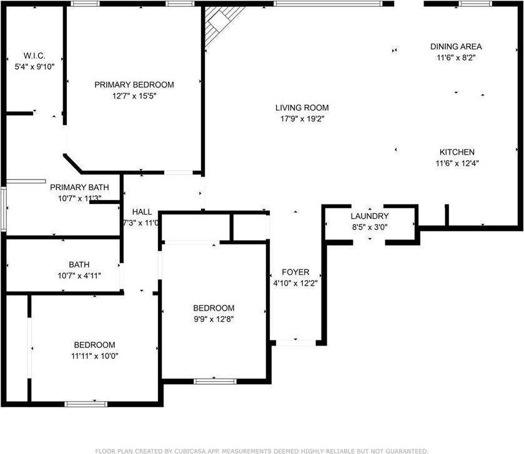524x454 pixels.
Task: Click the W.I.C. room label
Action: coord(34,55)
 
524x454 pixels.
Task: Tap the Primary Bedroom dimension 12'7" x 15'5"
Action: coord(134,96)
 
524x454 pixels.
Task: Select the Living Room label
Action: coord(302,107)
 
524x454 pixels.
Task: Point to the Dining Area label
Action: coord(456,46)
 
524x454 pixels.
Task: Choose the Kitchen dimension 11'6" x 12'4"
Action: coord(457,163)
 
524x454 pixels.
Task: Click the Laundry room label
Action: coord(370,216)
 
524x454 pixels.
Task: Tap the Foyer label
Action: coord(295,273)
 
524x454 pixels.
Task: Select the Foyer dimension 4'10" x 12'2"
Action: coord(295,284)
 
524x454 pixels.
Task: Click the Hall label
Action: coord(142,211)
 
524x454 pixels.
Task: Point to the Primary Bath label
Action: coord(79,187)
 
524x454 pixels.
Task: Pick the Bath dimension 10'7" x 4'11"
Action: coord(79,275)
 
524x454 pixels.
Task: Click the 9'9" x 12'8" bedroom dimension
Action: coord(214,319)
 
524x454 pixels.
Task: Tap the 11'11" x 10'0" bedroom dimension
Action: coord(94,356)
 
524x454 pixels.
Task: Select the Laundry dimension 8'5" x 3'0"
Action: coord(370,227)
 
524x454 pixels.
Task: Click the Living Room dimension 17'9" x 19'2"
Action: coord(302,118)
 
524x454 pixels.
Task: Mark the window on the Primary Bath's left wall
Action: coord(3,210)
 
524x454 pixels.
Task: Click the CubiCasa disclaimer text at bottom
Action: coord(262,450)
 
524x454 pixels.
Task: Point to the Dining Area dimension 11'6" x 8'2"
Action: coord(456,57)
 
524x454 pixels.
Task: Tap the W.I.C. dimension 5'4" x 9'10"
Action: coord(34,66)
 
